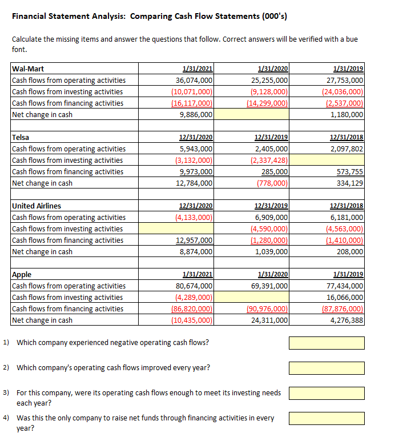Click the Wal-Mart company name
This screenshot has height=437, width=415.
(x=28, y=69)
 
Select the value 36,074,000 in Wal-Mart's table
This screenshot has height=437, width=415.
(x=195, y=81)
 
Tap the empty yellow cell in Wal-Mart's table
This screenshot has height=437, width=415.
(x=251, y=115)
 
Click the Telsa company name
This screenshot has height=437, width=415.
(x=21, y=138)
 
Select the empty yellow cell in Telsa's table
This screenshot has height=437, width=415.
(x=327, y=161)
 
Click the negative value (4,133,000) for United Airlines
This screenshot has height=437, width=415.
(x=194, y=218)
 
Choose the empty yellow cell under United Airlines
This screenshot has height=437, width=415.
(x=176, y=229)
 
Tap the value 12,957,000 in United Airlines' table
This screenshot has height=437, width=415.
(x=195, y=240)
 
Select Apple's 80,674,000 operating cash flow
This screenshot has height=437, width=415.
(x=195, y=286)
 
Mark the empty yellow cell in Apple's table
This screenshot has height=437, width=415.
(x=251, y=298)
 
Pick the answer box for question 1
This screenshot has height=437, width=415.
(x=327, y=343)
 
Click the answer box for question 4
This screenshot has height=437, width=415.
(x=327, y=418)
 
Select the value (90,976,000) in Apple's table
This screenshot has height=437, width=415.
(x=269, y=309)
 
